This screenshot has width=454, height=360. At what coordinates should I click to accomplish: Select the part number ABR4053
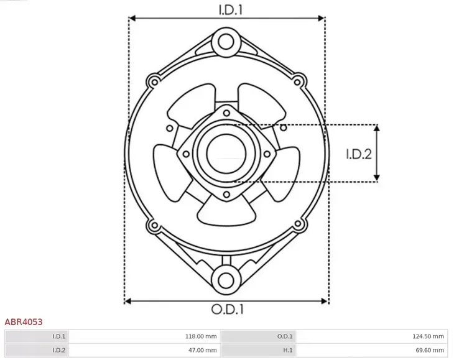pos(24,322)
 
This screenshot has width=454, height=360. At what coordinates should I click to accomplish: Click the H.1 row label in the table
pos(287,351)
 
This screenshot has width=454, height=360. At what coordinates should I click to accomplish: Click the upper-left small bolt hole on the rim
pos(152,80)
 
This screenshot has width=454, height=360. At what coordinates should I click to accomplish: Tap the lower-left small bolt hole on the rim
pos(152,225)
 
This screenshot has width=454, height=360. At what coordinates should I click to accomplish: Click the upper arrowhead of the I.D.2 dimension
pos(377,128)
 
